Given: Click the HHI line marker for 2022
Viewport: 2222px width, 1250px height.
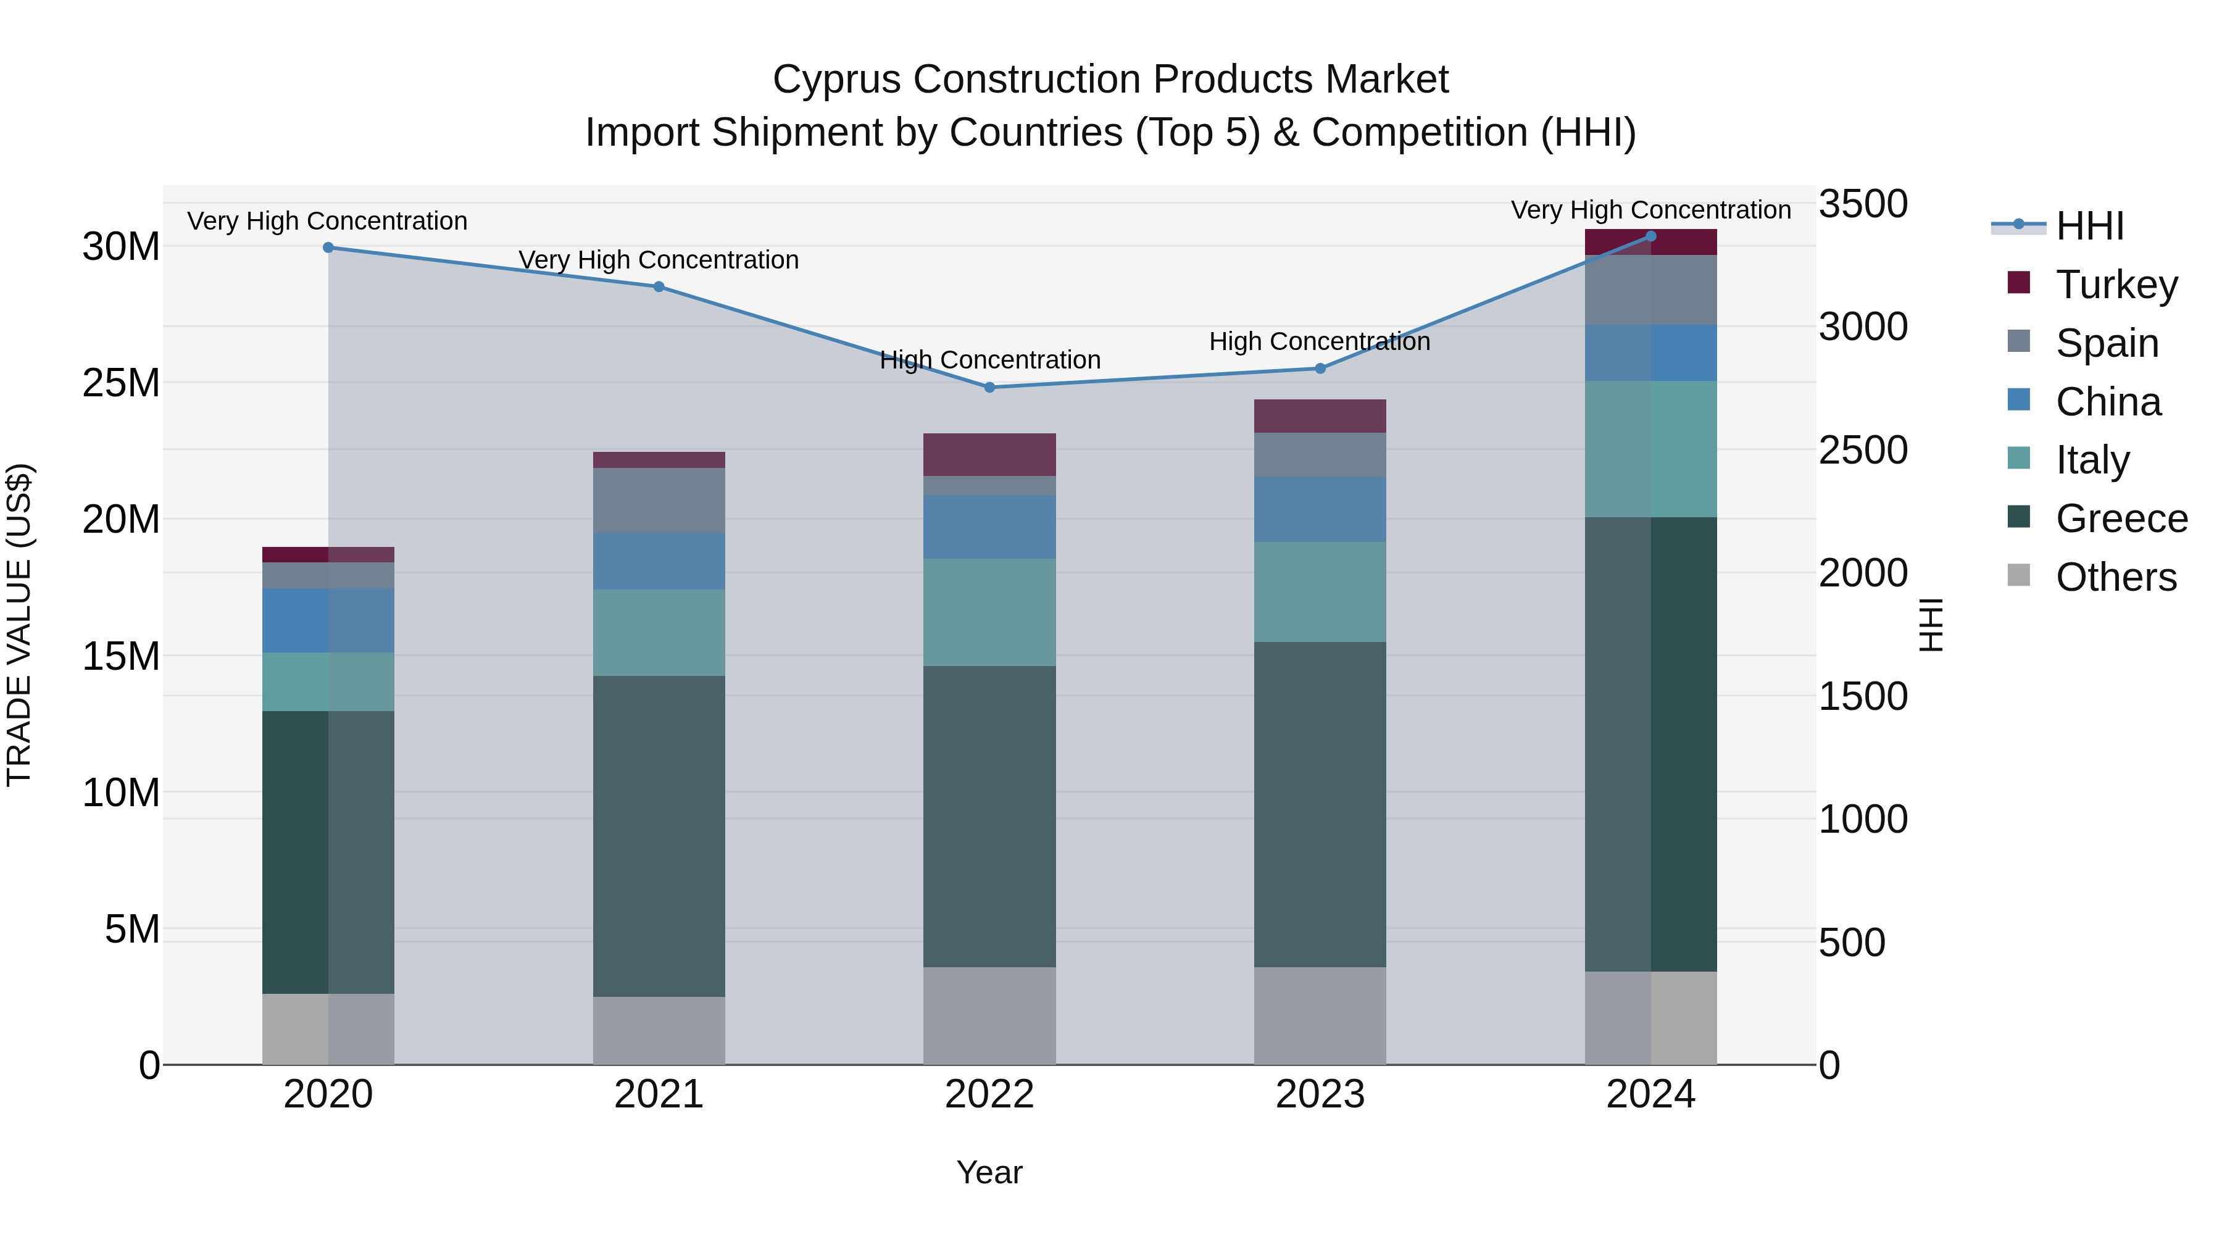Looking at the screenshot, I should (989, 387).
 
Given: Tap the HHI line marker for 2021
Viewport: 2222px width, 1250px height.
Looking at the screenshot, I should (659, 286).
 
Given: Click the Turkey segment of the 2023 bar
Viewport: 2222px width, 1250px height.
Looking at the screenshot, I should (1320, 416).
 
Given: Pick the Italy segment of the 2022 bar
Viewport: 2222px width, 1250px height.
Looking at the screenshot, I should (989, 612).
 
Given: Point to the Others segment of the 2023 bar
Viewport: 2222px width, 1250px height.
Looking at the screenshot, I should (1320, 1015).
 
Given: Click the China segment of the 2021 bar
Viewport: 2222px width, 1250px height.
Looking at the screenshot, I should (659, 560).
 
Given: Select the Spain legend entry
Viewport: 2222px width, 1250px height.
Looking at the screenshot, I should (2107, 343).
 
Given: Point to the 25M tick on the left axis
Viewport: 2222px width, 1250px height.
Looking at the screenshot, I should (121, 383).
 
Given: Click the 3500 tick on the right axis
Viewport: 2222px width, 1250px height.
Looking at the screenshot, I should (1863, 204).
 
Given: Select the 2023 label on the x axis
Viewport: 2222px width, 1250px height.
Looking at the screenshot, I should (1320, 1094).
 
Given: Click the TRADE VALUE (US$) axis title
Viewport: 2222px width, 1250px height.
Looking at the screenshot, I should (19, 625).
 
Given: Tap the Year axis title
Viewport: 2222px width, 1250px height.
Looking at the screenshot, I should (989, 1172).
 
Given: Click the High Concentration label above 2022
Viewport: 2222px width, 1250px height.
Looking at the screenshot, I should (989, 360).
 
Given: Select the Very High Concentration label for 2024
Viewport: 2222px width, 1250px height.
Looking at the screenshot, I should (1650, 210).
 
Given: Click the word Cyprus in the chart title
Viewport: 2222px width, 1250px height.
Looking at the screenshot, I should (837, 80).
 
